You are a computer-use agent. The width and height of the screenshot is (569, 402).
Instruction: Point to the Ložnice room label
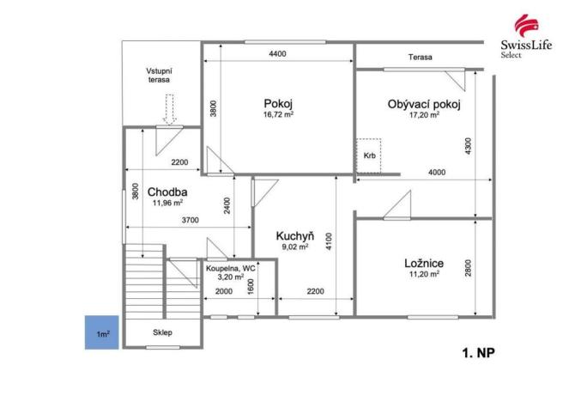423,263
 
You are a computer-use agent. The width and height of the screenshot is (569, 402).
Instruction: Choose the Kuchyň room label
293,235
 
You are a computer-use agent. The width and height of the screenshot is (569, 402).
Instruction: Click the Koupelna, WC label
230,269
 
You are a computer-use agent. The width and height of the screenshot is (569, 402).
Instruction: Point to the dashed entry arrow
170,109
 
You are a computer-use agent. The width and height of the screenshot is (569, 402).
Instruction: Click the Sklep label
163,332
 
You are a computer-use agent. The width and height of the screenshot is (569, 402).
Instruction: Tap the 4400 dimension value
277,54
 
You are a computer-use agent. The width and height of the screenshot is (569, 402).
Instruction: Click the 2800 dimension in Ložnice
468,267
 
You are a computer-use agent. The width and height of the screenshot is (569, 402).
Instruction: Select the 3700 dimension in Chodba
191,221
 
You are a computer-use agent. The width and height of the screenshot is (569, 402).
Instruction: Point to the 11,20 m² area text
423,274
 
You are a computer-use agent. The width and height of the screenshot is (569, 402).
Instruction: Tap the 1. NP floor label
477,352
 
